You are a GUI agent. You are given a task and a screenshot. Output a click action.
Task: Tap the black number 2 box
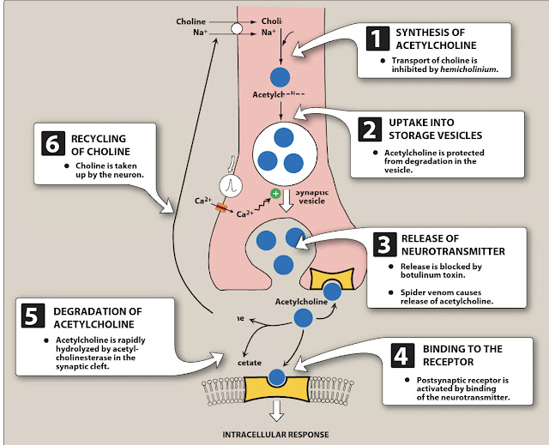coord(368,129)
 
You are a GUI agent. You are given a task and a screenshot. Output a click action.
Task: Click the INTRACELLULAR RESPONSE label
coord(275,433)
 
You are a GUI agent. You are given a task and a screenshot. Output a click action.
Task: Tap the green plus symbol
coord(275,194)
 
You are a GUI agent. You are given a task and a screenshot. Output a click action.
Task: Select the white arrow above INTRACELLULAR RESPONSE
coord(275,410)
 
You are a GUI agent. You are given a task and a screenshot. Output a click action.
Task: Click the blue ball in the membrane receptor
coord(275,377)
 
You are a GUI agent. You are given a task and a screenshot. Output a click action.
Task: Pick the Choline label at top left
coord(191,21)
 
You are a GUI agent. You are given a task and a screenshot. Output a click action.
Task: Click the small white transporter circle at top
coord(237,27)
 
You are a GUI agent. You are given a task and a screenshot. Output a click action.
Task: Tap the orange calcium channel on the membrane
coord(221,207)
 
